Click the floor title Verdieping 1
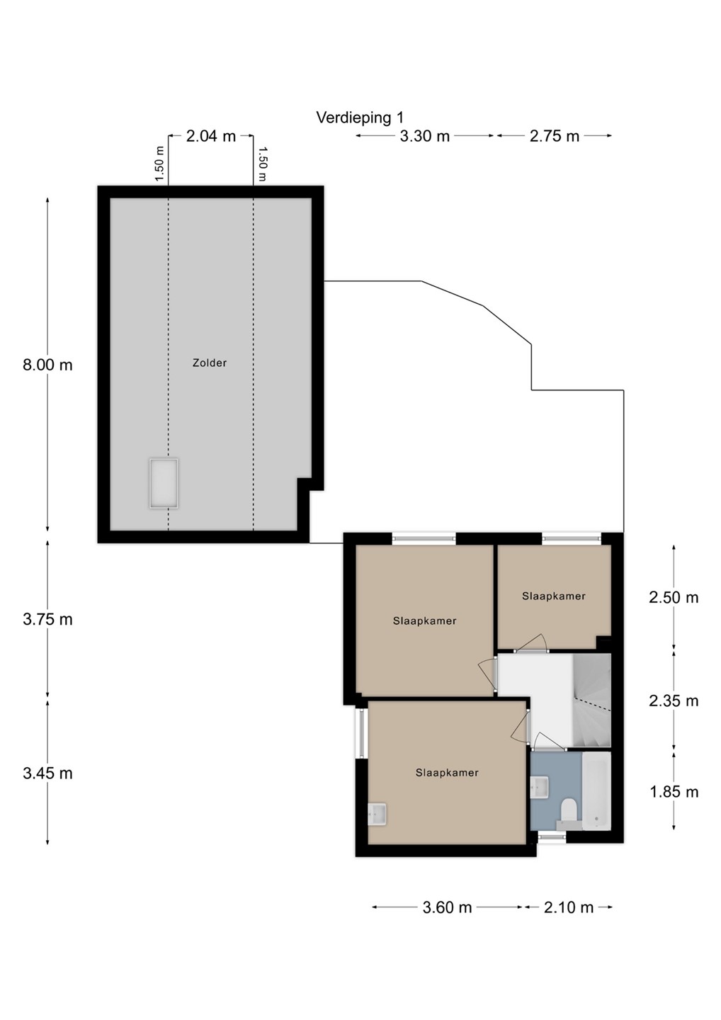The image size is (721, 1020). point(360,118)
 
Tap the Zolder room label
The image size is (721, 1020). point(210,363)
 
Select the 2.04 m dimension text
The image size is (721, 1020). point(211,136)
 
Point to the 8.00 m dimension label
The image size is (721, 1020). point(47,365)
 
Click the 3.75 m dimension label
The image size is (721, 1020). point(47,619)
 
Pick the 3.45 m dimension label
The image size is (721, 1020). point(47,773)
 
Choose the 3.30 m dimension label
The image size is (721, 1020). point(425,136)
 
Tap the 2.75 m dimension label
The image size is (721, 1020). point(555,136)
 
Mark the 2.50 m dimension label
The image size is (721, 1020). point(674,597)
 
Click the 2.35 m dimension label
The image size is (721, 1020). point(674,701)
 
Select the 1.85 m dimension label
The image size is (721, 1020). point(674,792)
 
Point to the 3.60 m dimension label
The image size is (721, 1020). point(447,907)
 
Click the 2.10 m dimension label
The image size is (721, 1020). point(569,907)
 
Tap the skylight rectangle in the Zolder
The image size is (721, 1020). point(164,483)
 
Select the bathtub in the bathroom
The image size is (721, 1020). point(596,790)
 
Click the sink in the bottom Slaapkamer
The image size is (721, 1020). point(377,814)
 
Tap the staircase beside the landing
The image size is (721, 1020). point(591,701)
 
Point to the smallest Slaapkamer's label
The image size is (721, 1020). point(553,596)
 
